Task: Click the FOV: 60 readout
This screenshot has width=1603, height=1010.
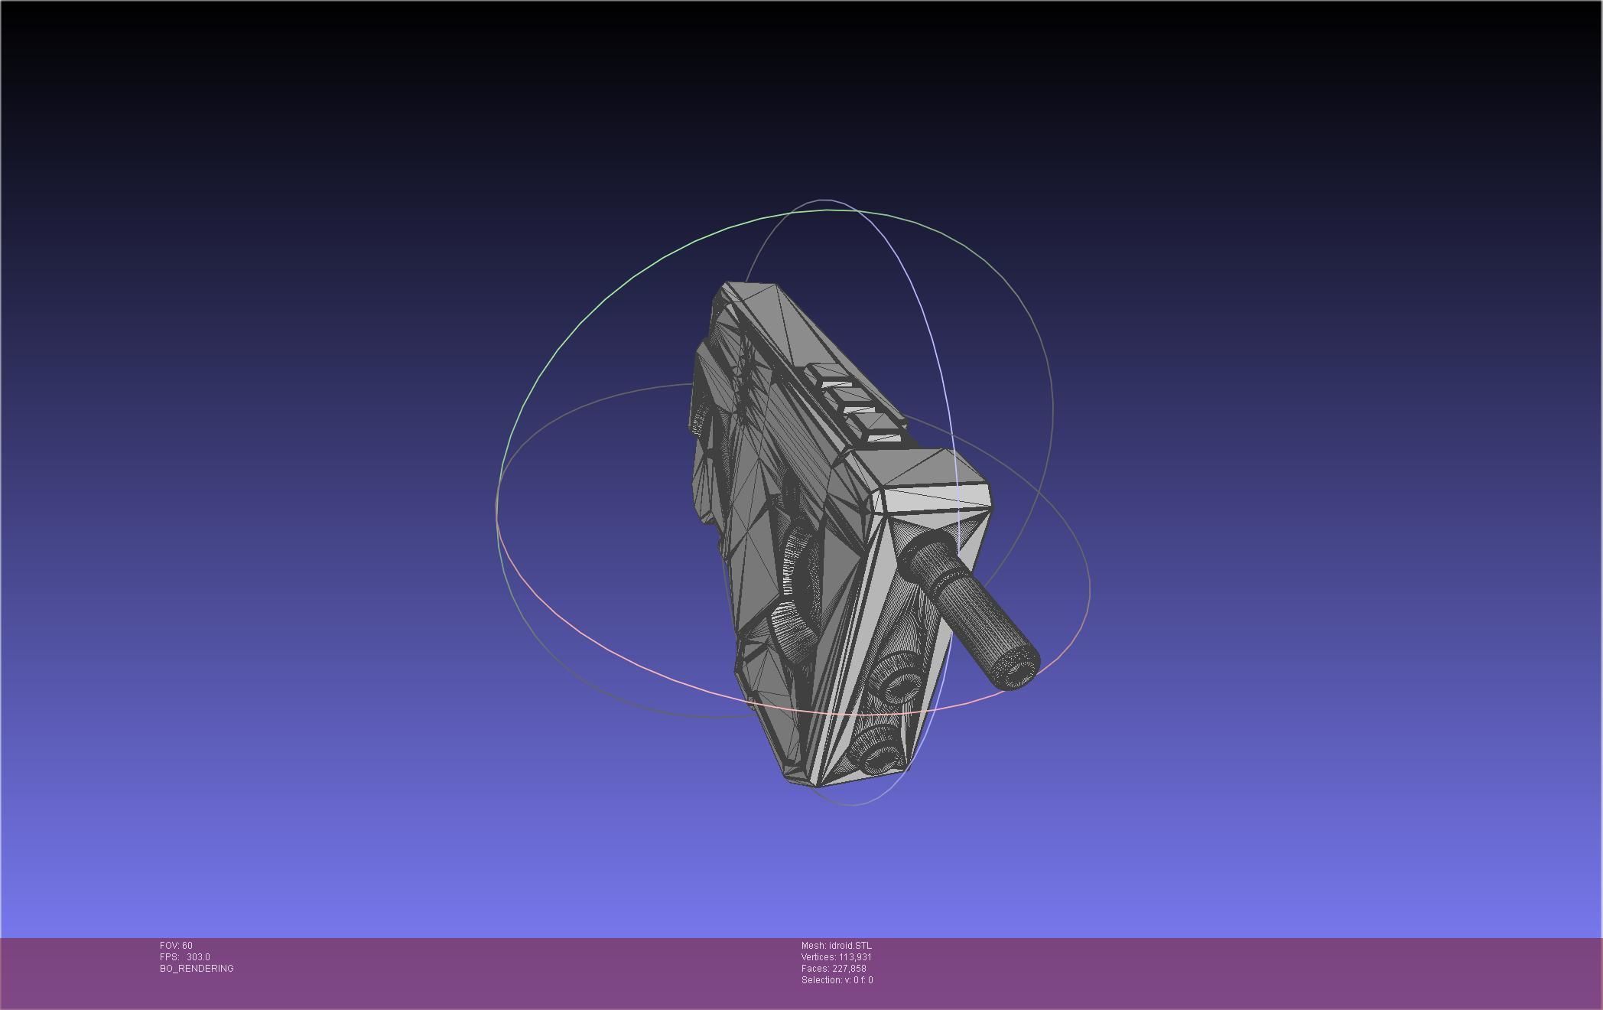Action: pos(176,946)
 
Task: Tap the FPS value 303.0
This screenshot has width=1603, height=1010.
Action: pos(198,957)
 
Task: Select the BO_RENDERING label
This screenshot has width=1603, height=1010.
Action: pos(197,969)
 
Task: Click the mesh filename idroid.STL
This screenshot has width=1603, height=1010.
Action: pos(850,946)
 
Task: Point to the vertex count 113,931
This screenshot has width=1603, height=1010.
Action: pos(855,957)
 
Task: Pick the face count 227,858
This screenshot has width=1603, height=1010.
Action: pos(849,969)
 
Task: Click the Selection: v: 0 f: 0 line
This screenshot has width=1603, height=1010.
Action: pos(837,980)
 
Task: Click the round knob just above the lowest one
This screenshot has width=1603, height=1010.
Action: pos(896,679)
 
